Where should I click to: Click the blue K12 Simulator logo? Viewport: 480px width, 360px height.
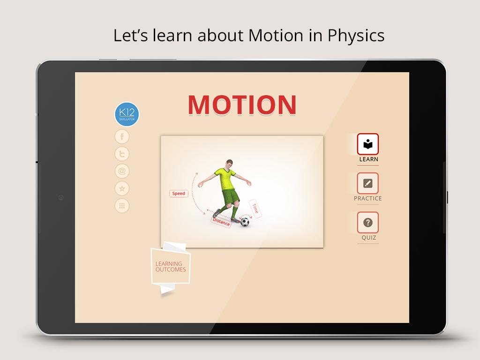click(127, 114)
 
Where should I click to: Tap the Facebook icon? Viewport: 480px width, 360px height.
click(122, 136)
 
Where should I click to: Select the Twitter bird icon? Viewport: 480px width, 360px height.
click(122, 154)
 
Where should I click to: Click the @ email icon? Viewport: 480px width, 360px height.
click(122, 171)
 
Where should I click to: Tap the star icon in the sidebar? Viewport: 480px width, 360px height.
click(122, 188)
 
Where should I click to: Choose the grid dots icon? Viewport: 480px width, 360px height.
click(122, 206)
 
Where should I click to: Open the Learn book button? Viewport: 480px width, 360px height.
click(367, 144)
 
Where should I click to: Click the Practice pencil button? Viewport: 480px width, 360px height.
click(367, 183)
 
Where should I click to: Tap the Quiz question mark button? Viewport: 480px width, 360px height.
click(367, 222)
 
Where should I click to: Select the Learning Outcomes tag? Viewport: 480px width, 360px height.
click(171, 266)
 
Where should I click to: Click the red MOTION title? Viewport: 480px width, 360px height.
click(242, 105)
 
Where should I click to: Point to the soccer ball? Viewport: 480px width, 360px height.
click(245, 222)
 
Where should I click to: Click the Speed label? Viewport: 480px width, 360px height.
click(179, 194)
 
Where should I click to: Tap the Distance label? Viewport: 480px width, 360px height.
click(221, 222)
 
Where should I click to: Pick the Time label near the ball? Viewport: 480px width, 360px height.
click(255, 209)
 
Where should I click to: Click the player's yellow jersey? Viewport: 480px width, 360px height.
click(225, 179)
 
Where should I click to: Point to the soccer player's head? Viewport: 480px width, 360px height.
click(229, 163)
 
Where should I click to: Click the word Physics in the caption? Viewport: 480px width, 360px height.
click(356, 36)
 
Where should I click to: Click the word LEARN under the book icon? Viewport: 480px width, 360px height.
click(368, 159)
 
